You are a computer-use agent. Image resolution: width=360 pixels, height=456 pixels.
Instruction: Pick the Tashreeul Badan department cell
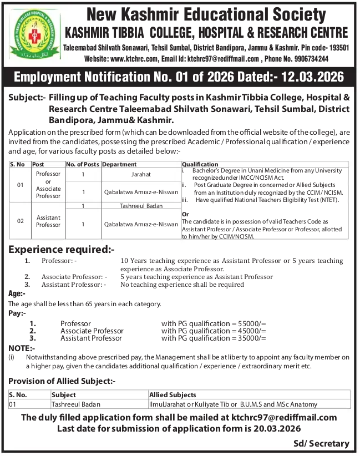[141, 205]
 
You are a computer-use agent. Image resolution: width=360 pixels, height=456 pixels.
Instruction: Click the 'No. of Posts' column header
[83, 165]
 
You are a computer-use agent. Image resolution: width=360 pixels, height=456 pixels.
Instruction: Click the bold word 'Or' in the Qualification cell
[186, 214]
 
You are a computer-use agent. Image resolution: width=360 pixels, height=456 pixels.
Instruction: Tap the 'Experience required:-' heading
[61, 250]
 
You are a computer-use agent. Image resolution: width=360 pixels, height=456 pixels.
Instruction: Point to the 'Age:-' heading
[17, 293]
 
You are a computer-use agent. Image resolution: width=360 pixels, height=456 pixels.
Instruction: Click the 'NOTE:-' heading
[22, 348]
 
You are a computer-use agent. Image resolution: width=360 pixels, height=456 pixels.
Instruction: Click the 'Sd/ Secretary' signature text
[322, 443]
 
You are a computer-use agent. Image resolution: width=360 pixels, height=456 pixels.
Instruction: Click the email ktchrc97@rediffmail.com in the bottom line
[280, 417]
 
